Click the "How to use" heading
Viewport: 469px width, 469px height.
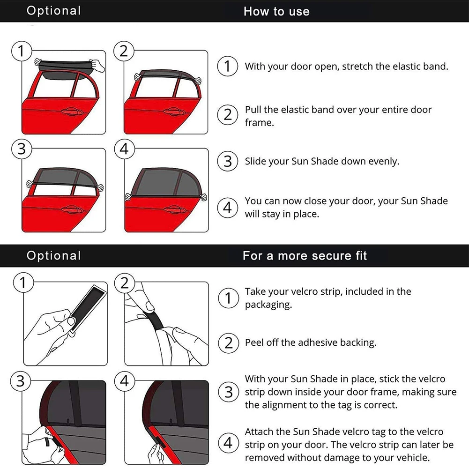[276, 11]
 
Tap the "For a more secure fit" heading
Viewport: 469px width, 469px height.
[305, 256]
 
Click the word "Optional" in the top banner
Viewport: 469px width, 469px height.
[53, 11]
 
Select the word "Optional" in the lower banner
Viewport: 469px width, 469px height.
[53, 255]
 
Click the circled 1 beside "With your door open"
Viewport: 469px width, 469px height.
[228, 66]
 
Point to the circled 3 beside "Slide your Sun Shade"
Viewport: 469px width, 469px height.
[228, 161]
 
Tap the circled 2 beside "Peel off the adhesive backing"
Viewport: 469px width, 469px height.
[229, 343]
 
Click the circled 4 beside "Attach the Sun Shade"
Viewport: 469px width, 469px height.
[229, 443]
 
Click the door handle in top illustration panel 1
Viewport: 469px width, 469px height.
[72, 112]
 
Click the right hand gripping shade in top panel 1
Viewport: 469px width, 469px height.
[97, 65]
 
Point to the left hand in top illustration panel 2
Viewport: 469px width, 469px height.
[138, 76]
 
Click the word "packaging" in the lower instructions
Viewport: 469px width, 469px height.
[268, 305]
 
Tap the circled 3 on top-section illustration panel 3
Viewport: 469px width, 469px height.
[22, 149]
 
